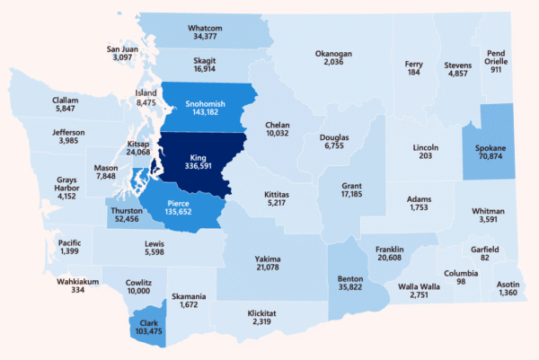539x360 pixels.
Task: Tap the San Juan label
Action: pyautogui.click(x=122, y=48)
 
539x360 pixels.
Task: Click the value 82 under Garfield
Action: pyautogui.click(x=485, y=259)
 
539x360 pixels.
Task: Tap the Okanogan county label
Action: pyautogui.click(x=332, y=53)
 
